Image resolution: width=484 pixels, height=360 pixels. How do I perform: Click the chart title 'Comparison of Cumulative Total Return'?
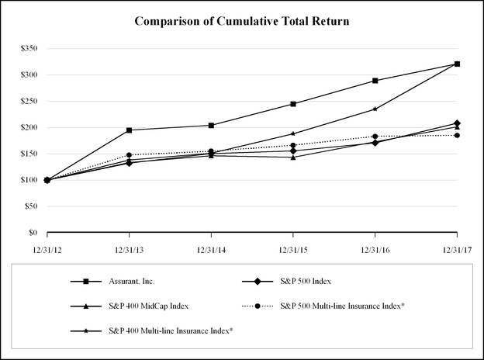(x=242, y=21)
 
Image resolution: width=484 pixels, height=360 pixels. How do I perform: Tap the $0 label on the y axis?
(x=32, y=232)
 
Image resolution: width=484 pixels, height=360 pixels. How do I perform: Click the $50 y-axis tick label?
(x=29, y=206)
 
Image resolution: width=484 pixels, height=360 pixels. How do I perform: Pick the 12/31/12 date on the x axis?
(x=47, y=247)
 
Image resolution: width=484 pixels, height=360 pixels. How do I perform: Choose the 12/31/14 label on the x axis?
(x=211, y=247)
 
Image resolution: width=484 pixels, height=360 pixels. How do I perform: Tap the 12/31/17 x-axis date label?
(x=457, y=247)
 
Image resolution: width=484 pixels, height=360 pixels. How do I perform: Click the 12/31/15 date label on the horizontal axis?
(x=293, y=247)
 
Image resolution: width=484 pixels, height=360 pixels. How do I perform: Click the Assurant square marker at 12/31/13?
(x=129, y=130)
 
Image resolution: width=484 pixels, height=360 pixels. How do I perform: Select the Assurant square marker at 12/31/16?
(x=375, y=81)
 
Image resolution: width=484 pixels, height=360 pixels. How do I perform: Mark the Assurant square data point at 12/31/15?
(x=293, y=104)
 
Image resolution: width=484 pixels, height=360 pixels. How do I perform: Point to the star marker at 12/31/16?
(x=375, y=109)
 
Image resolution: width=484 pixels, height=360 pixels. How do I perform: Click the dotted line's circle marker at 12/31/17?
(x=457, y=136)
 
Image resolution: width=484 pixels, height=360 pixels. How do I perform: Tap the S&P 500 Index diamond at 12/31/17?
(x=457, y=123)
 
